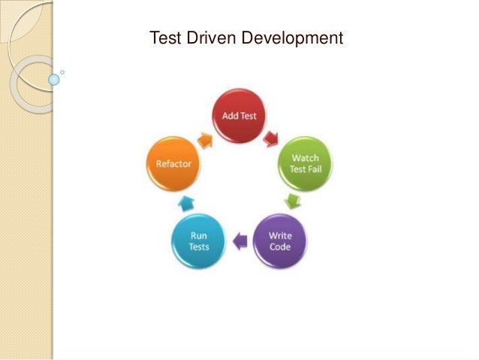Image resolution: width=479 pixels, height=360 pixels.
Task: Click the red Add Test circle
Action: coord(239,117)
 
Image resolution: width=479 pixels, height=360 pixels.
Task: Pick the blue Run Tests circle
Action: coord(198,241)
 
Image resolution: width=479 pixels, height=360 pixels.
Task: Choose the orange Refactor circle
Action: coord(174,163)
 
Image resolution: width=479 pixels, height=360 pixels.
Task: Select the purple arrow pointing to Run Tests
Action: coord(239,241)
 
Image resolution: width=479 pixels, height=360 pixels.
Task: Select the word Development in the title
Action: coord(294,36)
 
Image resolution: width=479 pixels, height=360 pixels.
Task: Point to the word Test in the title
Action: coord(164,36)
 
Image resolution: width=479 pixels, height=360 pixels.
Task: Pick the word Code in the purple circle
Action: coord(281,247)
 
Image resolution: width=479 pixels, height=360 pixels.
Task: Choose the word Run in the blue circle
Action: coord(199,235)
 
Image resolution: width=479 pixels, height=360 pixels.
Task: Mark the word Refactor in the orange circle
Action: coord(174,163)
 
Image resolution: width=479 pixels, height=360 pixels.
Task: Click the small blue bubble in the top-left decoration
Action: coord(53,78)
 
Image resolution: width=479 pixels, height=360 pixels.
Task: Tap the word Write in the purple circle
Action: coord(281,235)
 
